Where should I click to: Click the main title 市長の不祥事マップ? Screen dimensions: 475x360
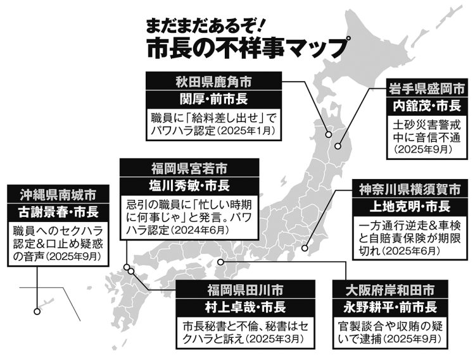click(x=246, y=48)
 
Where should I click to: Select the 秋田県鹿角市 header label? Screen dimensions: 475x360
click(x=213, y=82)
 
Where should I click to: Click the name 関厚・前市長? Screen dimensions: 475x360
click(x=213, y=99)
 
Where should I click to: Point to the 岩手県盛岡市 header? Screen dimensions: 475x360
click(x=427, y=89)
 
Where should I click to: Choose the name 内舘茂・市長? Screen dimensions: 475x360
click(x=427, y=106)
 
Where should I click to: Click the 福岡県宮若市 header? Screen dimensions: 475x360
click(x=189, y=168)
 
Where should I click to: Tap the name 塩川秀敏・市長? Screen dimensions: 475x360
click(x=189, y=185)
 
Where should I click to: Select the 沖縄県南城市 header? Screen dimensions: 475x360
click(x=58, y=195)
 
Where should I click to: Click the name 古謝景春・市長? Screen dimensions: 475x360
click(x=58, y=212)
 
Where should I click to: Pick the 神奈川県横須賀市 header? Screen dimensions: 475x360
click(x=410, y=190)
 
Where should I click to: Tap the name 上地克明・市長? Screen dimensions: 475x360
click(x=410, y=207)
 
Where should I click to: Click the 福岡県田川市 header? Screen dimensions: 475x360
click(x=245, y=290)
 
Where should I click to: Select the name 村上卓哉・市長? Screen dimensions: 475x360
click(x=245, y=307)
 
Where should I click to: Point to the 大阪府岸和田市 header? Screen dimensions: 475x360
click(x=390, y=290)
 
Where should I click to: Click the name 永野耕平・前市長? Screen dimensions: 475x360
click(x=390, y=307)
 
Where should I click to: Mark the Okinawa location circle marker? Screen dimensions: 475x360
click(x=37, y=311)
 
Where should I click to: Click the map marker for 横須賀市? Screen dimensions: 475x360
click(x=305, y=249)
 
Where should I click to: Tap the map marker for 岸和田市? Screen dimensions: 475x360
click(x=220, y=262)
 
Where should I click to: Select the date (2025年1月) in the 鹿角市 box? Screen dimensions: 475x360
click(x=246, y=132)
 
